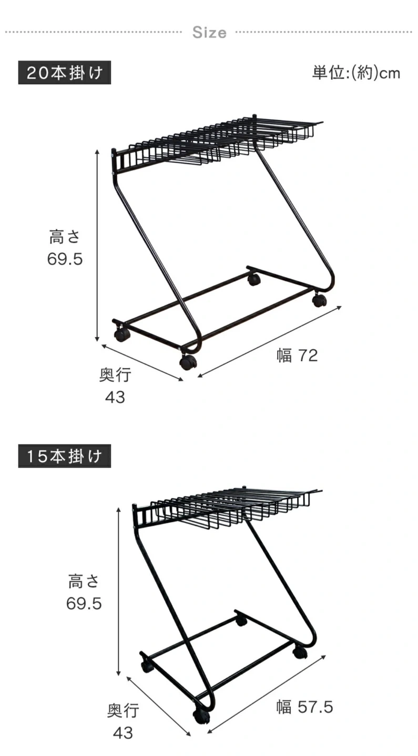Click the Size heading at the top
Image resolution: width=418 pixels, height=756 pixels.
pos(209,33)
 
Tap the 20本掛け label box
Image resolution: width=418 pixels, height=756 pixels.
pos(65,72)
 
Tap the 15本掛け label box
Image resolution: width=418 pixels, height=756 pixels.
pos(65,456)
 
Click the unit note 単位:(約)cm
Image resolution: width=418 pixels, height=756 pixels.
pos(356,73)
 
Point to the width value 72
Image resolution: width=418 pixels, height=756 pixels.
pos(308,356)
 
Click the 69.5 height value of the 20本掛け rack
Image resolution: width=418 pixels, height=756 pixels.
pos(65,259)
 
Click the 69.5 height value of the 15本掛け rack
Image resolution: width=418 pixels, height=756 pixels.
pos(84,603)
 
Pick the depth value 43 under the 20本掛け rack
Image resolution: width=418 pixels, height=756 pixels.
pos(115,397)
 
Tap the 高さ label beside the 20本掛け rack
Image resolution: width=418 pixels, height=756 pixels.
pos(65,237)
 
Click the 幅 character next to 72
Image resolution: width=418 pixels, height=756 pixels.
pos(284,356)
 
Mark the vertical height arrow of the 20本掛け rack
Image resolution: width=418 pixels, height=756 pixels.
pos(97,245)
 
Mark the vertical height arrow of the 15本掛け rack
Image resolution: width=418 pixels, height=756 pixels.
pos(119,591)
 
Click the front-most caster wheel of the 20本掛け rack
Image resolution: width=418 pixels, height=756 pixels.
pos(188,362)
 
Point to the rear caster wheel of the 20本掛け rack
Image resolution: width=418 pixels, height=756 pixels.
pos(254,279)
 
